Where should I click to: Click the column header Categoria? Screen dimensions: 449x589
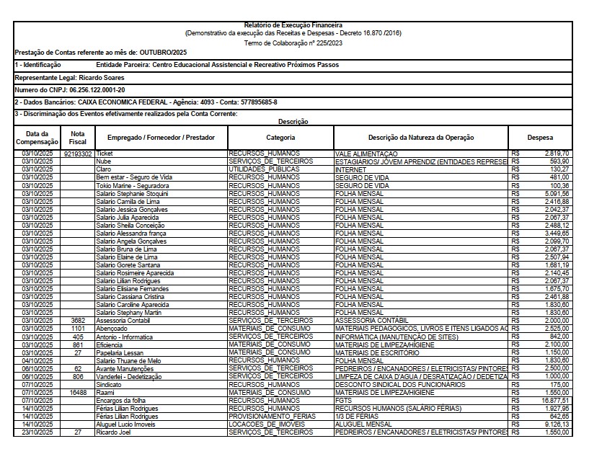[x=280, y=137]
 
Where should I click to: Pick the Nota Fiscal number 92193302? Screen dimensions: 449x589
[x=78, y=154]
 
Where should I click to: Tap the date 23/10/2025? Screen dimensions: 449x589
[x=37, y=432]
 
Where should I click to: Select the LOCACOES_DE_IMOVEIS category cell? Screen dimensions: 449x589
[x=264, y=424]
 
